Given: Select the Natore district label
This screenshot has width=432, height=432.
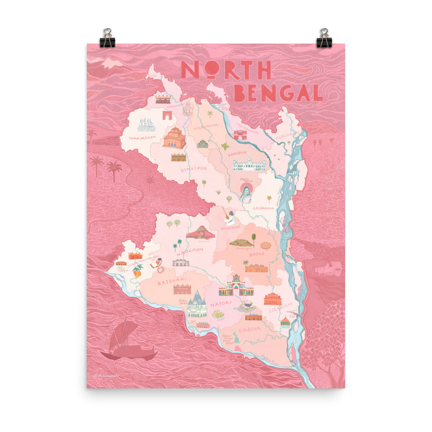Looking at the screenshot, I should click(x=222, y=305).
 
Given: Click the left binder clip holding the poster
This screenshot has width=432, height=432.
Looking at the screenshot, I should click(x=107, y=38).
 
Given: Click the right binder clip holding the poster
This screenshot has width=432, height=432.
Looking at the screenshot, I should click(x=324, y=38).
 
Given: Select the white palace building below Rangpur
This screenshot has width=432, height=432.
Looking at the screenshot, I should click(x=249, y=164).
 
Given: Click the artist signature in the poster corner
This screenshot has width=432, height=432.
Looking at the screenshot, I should click(x=105, y=375).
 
